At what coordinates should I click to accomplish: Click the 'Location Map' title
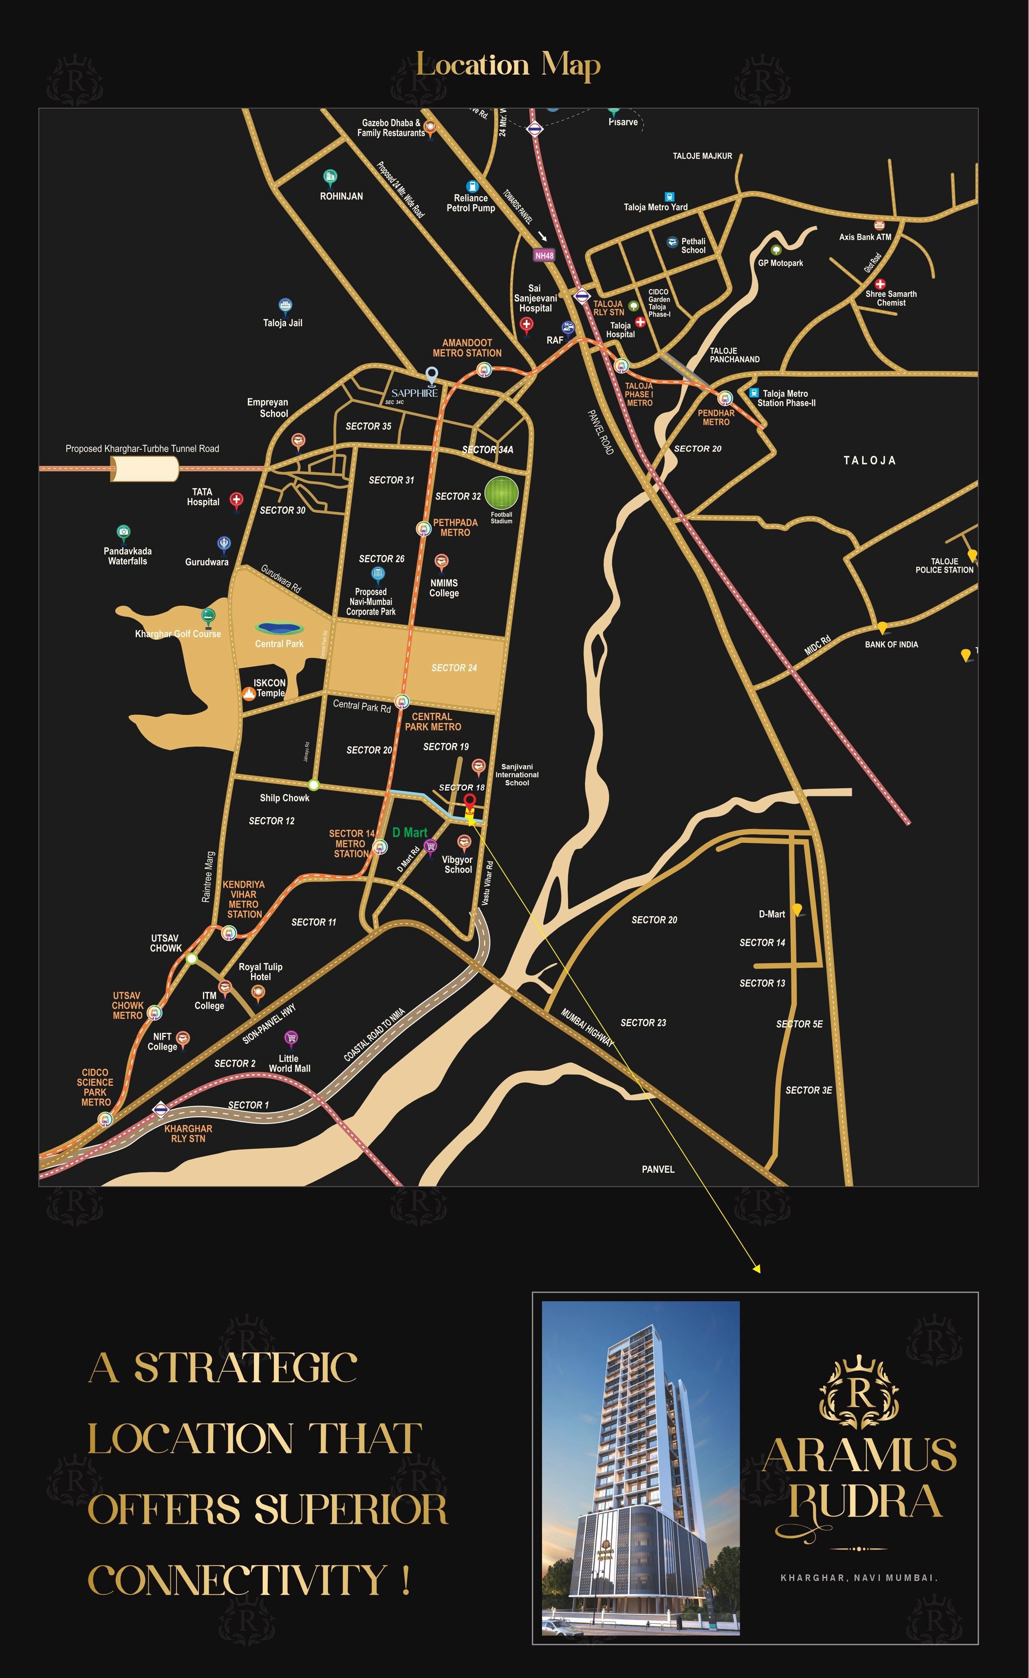pyautogui.click(x=508, y=65)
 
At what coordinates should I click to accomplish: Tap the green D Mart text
pyautogui.click(x=410, y=832)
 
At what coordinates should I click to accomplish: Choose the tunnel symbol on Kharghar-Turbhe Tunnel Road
pyautogui.click(x=144, y=469)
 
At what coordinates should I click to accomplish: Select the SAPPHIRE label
pyautogui.click(x=414, y=393)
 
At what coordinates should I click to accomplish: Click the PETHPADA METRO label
pyautogui.click(x=455, y=527)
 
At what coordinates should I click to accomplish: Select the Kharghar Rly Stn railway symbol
pyautogui.click(x=160, y=1110)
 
